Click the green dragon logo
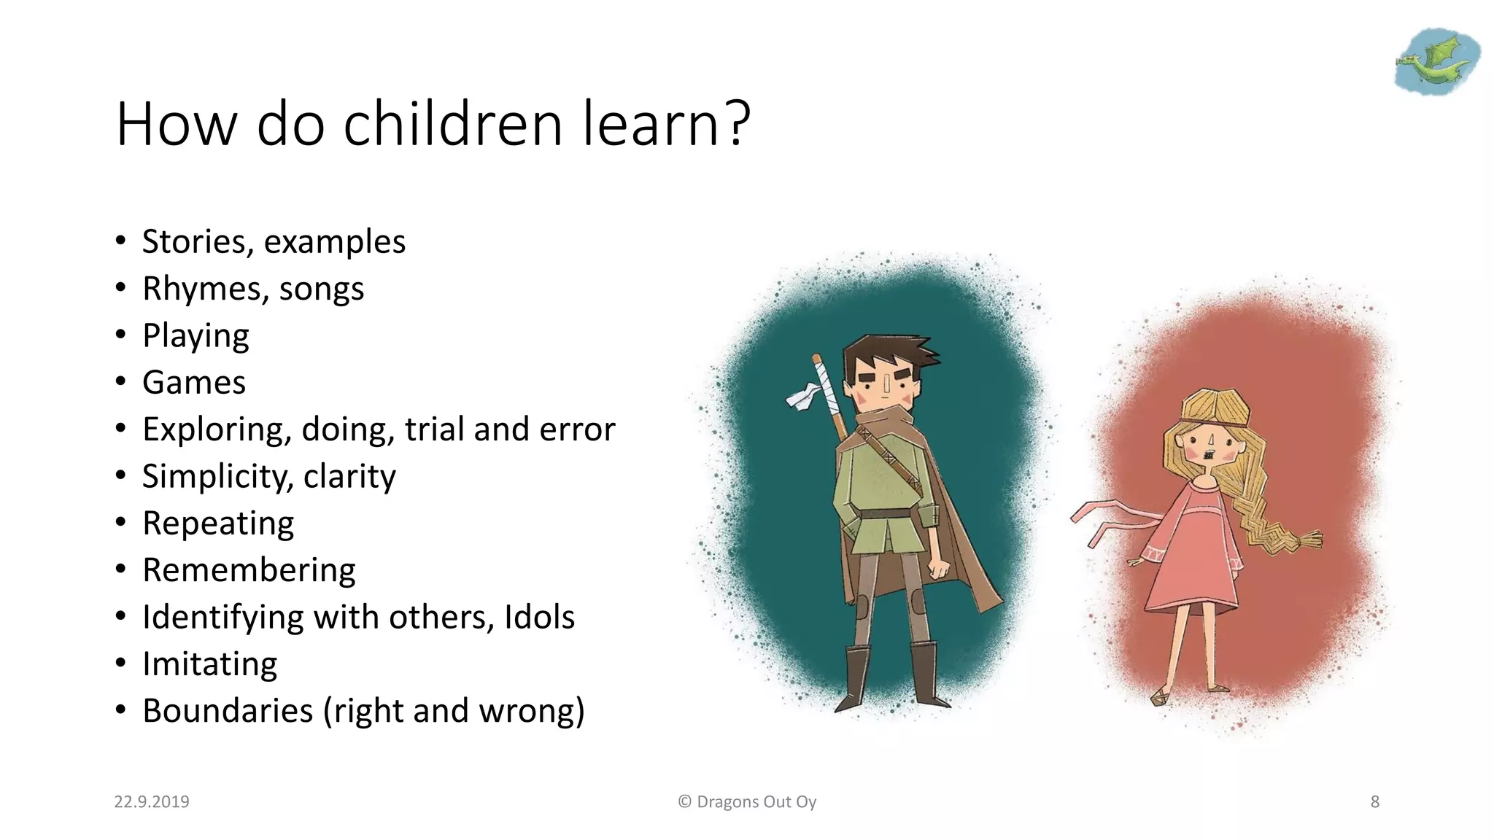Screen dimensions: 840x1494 point(1436,62)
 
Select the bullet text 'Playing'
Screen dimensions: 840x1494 point(196,336)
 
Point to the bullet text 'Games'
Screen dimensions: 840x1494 point(194,383)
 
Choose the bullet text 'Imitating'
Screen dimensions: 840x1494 point(209,664)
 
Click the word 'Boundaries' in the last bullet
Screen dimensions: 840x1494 point(228,711)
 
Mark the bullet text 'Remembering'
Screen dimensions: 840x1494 point(249,570)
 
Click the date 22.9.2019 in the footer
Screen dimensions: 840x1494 point(152,802)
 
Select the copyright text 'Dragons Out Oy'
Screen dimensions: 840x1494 point(756,802)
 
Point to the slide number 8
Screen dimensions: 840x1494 point(1374,802)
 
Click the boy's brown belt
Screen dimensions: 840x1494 point(886,514)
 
